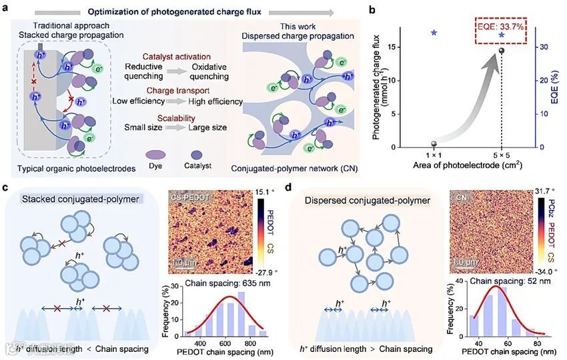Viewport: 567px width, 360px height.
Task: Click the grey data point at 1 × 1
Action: click(x=434, y=144)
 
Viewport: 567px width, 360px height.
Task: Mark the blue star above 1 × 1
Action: click(x=434, y=32)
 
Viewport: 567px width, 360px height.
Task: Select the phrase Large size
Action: click(x=208, y=127)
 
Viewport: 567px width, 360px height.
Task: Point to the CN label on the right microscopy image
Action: click(x=460, y=198)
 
